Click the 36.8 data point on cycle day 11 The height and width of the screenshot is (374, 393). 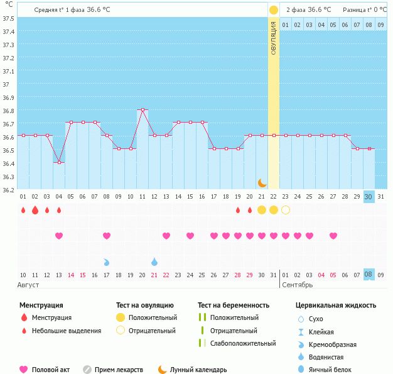click(143, 109)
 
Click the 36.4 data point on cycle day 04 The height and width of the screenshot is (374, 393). click(59, 162)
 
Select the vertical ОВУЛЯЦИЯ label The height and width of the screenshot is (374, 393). click(274, 38)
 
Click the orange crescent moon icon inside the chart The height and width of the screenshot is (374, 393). click(262, 183)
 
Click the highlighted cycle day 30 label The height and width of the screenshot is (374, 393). click(369, 197)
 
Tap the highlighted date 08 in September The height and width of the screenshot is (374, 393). click(369, 274)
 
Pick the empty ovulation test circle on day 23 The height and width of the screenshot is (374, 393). click(286, 210)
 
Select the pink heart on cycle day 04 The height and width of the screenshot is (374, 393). click(59, 236)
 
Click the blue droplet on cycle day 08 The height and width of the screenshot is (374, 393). click(107, 261)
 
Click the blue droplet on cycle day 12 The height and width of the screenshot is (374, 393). click(154, 261)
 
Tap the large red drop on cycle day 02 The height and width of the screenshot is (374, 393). click(35, 210)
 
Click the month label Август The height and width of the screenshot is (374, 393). click(29, 285)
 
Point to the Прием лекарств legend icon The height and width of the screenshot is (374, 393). click(87, 370)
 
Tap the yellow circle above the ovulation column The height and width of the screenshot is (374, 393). click(274, 10)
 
